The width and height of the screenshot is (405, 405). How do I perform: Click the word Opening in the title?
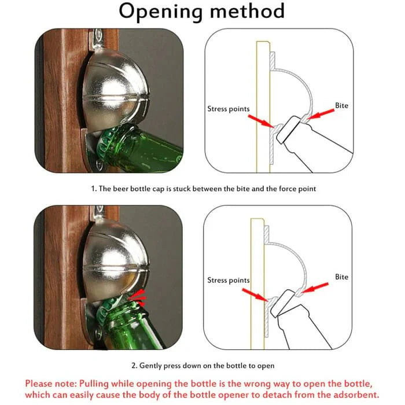(x=159, y=12)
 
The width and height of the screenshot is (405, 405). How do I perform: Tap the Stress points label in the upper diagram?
(x=229, y=108)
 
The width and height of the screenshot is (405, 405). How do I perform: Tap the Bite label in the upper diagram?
(x=341, y=106)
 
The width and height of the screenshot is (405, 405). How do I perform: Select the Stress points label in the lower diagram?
(x=229, y=280)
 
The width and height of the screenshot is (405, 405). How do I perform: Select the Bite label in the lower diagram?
(x=341, y=277)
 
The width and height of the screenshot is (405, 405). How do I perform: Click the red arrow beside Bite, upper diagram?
(x=320, y=114)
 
